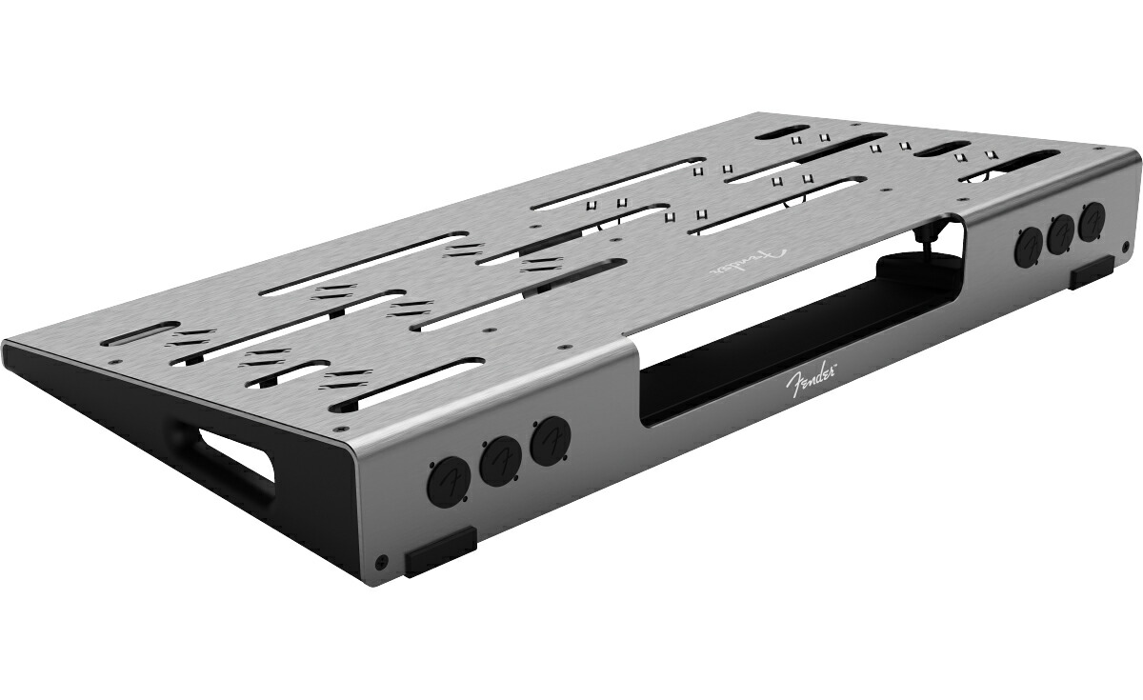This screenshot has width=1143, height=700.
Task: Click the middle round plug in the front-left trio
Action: click(x=497, y=461)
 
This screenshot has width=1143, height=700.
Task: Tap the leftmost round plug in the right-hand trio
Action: click(x=1028, y=249)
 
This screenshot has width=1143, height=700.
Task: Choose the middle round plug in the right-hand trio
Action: click(x=1061, y=234)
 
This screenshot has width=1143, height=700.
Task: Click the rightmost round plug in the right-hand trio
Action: click(x=1093, y=220)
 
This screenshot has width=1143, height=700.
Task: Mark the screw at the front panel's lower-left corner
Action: click(x=382, y=562)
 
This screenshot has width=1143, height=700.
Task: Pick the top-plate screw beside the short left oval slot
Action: click(x=114, y=362)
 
